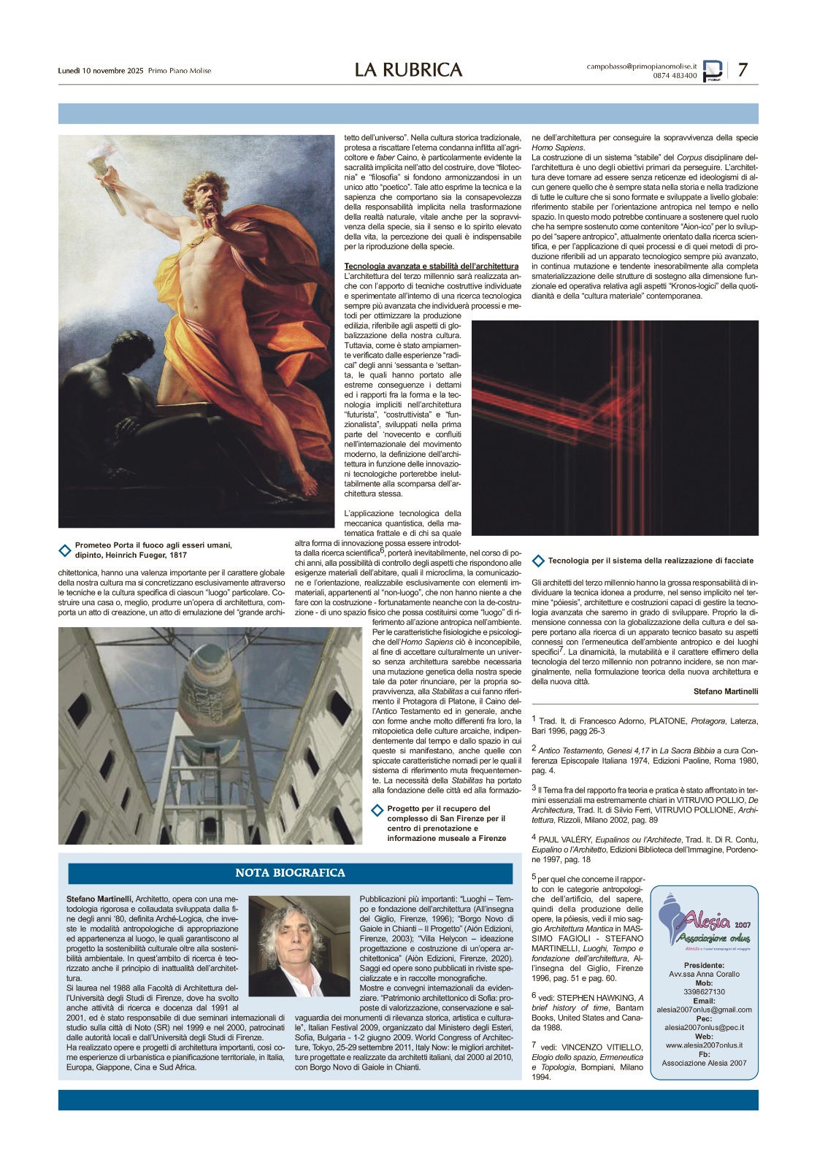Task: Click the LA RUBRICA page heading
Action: coord(408,69)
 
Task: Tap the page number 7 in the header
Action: coord(743,69)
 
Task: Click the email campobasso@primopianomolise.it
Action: coord(641,66)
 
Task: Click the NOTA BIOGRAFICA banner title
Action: coord(290,873)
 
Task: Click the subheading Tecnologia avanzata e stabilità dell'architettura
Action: coord(431,266)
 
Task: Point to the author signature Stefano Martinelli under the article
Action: coord(725,691)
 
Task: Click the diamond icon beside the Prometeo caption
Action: coord(65,550)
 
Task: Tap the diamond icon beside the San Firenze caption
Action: coord(377,810)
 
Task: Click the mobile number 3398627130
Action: coord(704,992)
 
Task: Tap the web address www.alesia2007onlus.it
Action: coord(704,1045)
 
